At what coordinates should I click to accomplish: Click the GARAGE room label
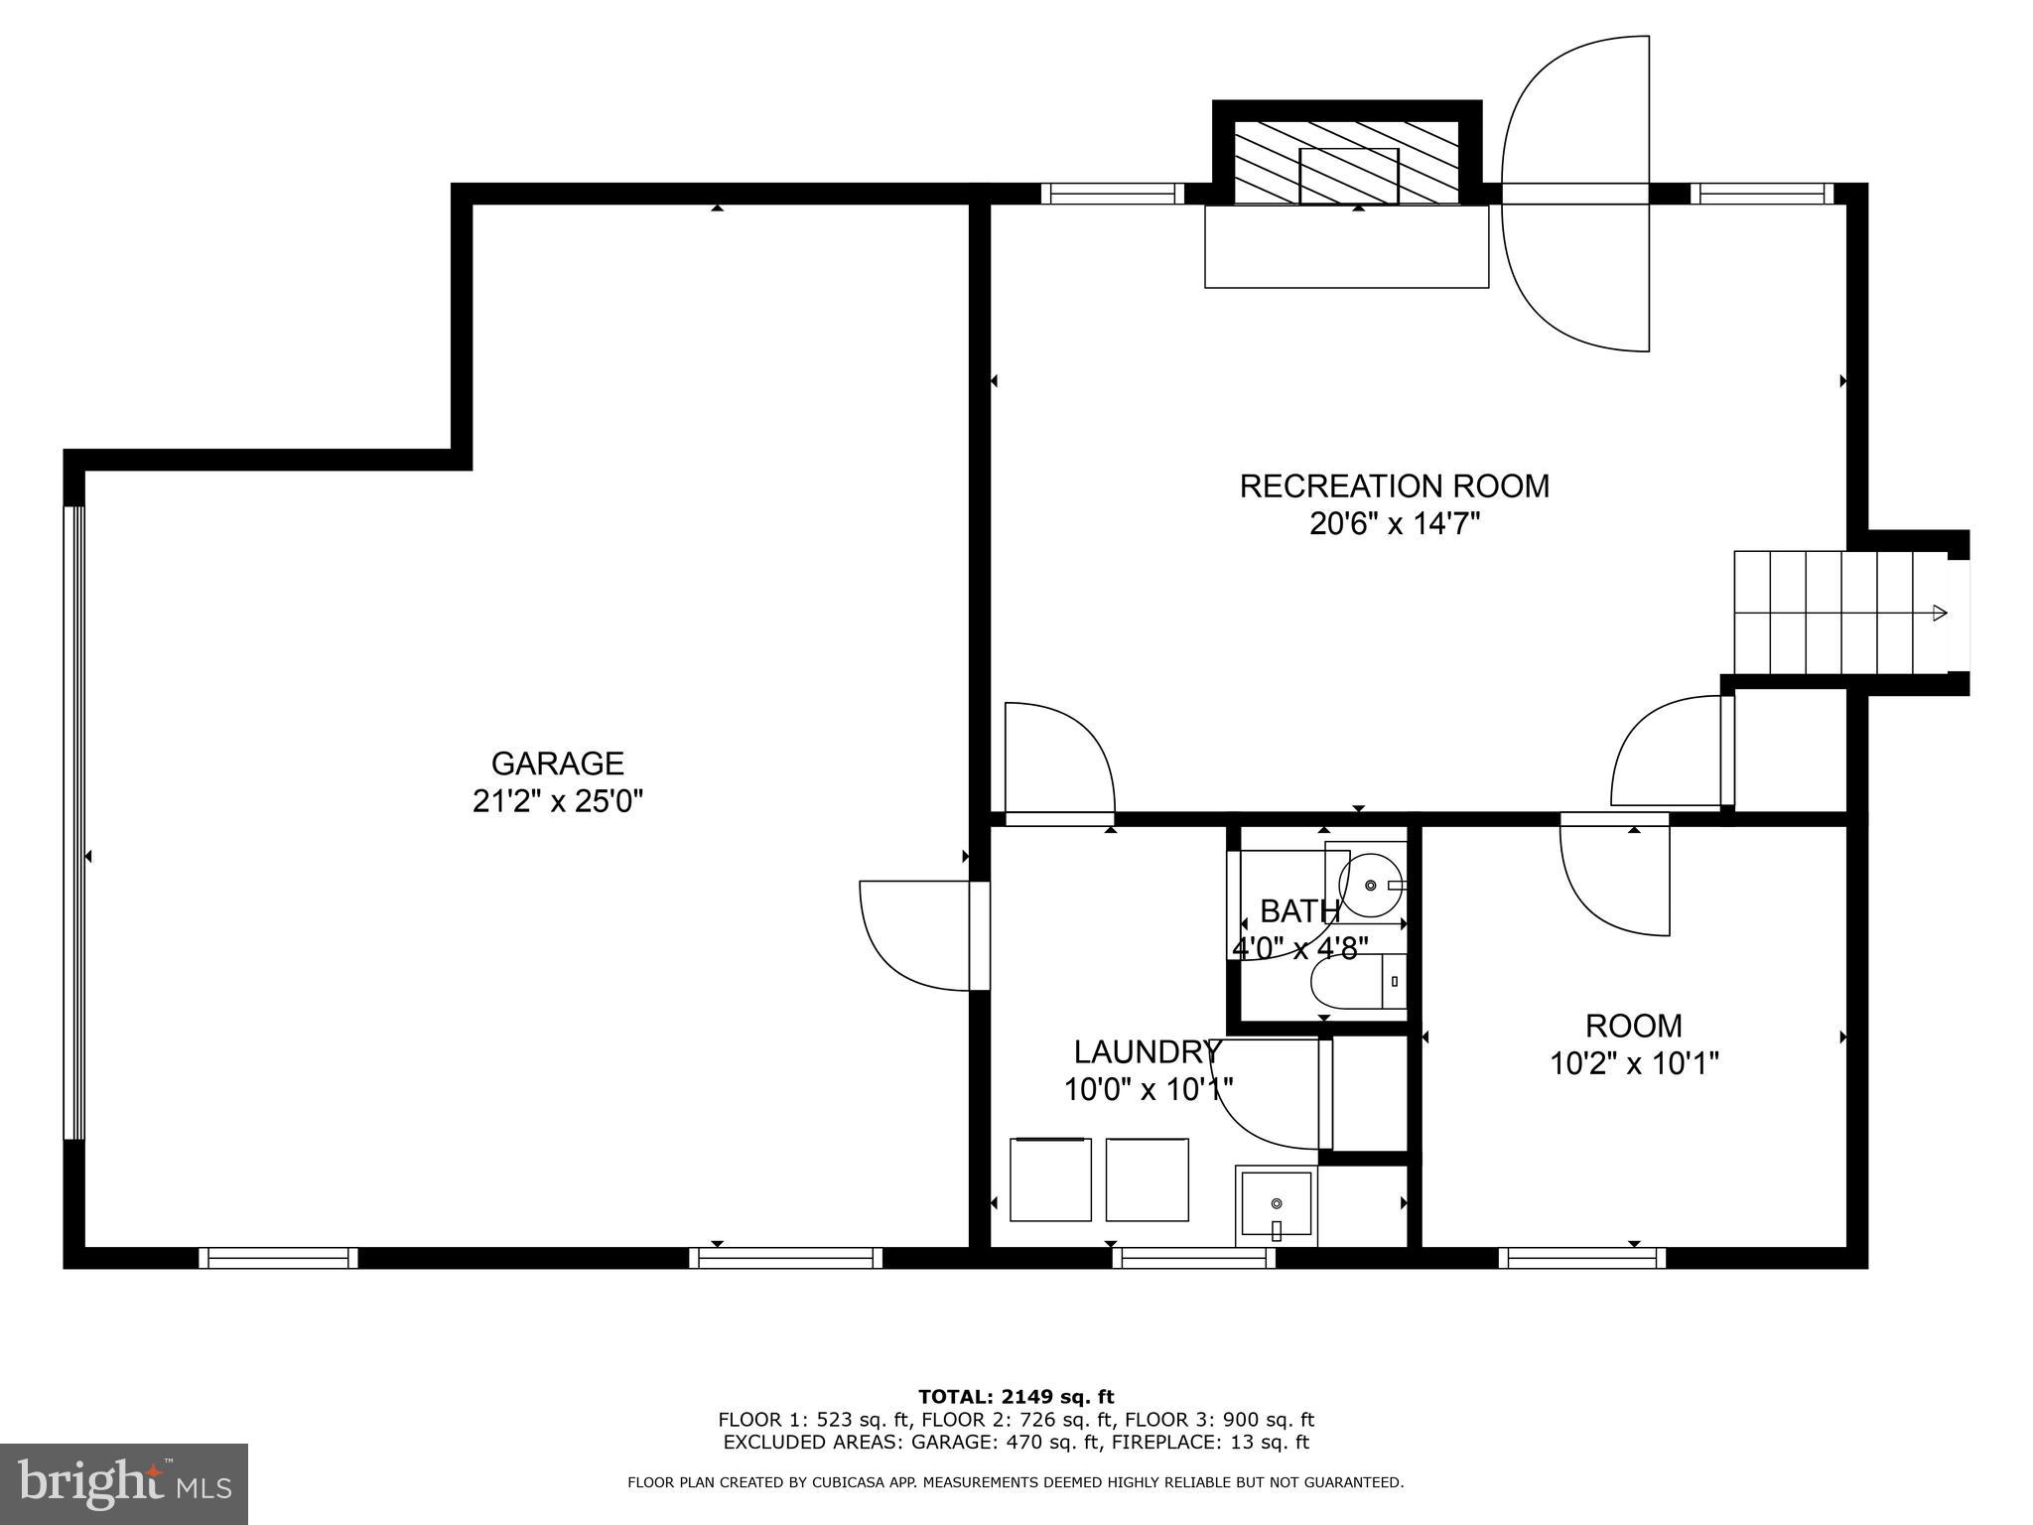557,762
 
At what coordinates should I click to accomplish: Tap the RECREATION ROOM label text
1394,486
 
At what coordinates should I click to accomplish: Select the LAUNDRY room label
1146,1051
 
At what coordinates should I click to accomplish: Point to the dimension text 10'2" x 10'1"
1634,1064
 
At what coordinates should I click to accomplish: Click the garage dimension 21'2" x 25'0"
558,801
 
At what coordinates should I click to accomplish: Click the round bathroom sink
1370,883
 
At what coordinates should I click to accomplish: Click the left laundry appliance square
1050,1179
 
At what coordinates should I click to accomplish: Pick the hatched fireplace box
1346,162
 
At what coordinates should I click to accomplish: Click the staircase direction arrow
1938,613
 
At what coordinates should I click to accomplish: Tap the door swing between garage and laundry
915,935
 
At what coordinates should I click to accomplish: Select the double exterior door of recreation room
1575,195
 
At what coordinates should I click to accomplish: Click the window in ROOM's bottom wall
1582,1258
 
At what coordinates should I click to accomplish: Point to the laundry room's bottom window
1193,1258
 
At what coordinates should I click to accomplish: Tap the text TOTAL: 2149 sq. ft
1016,1397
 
